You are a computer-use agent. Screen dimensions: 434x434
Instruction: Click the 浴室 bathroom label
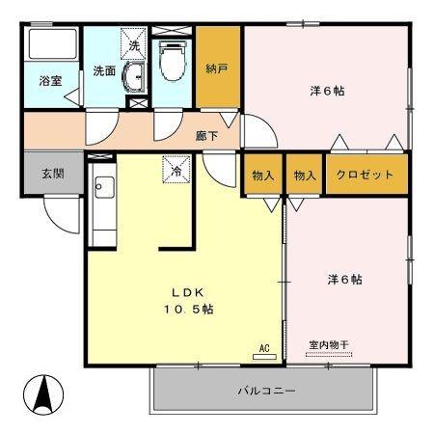tap(51, 81)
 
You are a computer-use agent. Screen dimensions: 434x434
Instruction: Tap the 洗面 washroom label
tap(103, 70)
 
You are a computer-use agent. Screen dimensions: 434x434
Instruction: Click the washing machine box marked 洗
tap(134, 44)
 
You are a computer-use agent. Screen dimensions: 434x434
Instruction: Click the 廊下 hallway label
tap(206, 136)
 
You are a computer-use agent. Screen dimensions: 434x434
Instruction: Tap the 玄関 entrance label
tap(52, 175)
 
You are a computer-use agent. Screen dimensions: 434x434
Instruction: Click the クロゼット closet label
tap(365, 175)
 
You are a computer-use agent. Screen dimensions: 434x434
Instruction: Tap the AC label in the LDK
tap(263, 346)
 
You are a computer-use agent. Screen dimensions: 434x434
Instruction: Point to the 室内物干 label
tap(328, 344)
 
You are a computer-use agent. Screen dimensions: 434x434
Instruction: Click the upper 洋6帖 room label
tap(328, 92)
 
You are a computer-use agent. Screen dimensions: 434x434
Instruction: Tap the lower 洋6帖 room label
tap(343, 280)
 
